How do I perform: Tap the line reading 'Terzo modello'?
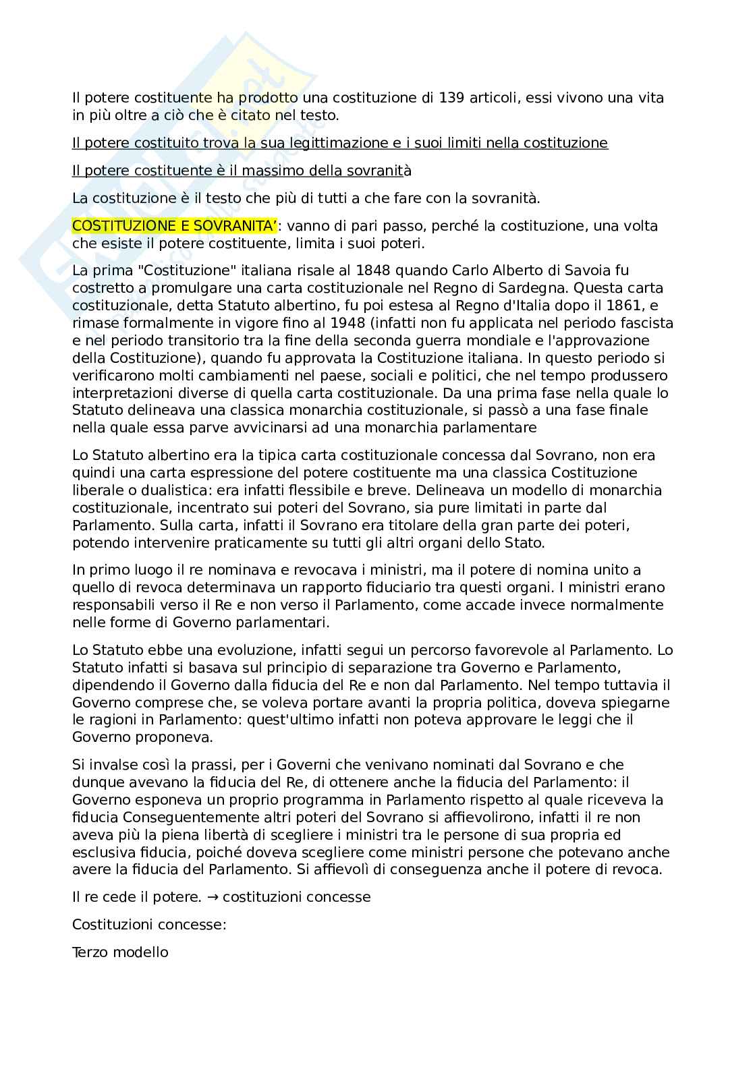pyautogui.click(x=120, y=952)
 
